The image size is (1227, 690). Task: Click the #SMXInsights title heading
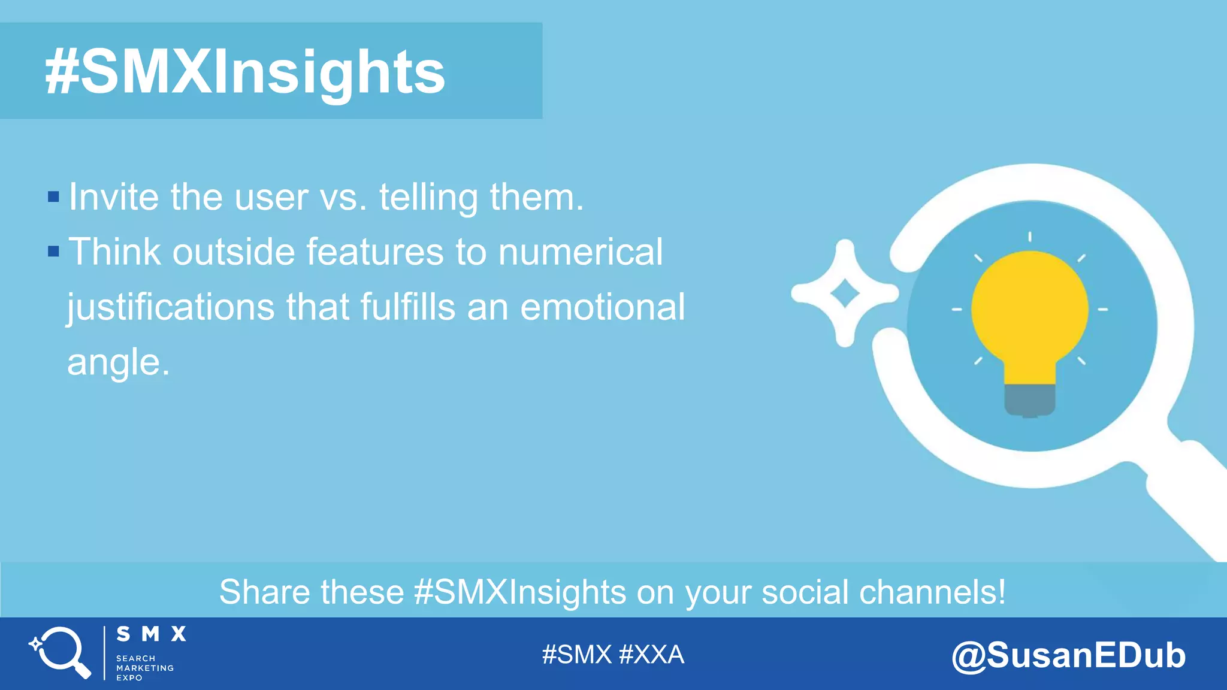click(x=244, y=72)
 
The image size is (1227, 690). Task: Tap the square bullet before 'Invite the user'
click(x=53, y=196)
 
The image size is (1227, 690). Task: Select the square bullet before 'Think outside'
click(x=53, y=251)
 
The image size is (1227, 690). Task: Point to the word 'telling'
click(x=428, y=198)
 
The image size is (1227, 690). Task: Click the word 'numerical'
click(x=581, y=252)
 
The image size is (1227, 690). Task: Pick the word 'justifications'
click(x=170, y=308)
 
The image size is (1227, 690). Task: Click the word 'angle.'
click(x=118, y=363)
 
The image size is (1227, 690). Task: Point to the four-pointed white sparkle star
click(x=845, y=293)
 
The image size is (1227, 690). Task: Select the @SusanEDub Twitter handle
click(x=1068, y=655)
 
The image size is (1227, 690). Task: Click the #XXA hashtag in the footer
click(x=651, y=655)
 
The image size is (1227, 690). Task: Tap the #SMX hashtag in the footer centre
click(x=576, y=655)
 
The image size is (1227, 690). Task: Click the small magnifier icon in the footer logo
click(x=61, y=652)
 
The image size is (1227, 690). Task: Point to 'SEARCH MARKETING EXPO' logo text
click(x=144, y=668)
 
